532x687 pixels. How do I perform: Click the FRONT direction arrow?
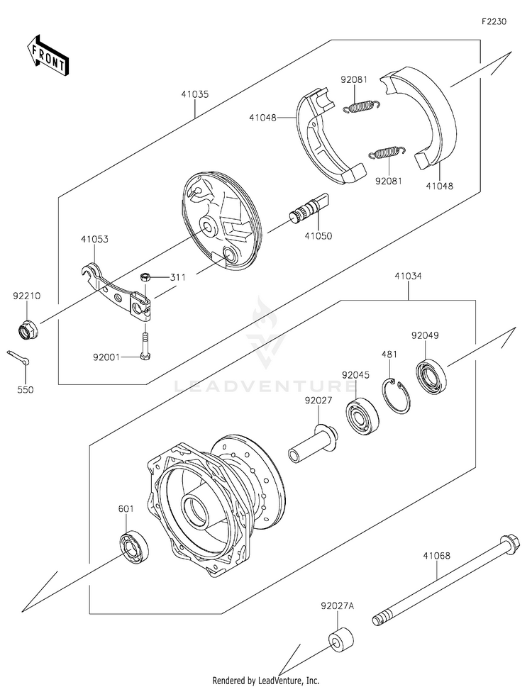click(48, 53)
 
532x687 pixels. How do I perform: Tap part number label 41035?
click(194, 95)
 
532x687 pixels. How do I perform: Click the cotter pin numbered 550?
click(22, 359)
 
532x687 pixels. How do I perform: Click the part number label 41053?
click(94, 240)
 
